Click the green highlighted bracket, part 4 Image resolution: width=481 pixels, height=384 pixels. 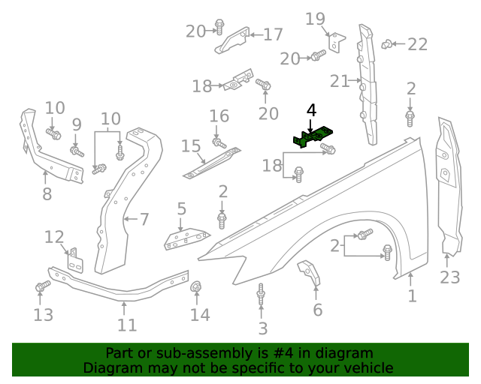(x=314, y=138)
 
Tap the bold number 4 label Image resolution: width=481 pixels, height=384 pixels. (x=311, y=111)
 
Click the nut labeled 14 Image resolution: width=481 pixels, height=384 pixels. (x=198, y=286)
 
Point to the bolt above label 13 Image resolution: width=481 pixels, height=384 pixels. (x=41, y=286)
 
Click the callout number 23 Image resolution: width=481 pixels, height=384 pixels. (x=449, y=277)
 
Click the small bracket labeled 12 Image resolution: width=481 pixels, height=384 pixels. (x=76, y=260)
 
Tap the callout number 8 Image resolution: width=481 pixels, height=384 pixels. (x=47, y=195)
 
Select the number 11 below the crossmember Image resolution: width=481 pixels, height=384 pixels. (x=127, y=325)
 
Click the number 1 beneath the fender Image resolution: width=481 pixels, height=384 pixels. (x=412, y=296)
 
